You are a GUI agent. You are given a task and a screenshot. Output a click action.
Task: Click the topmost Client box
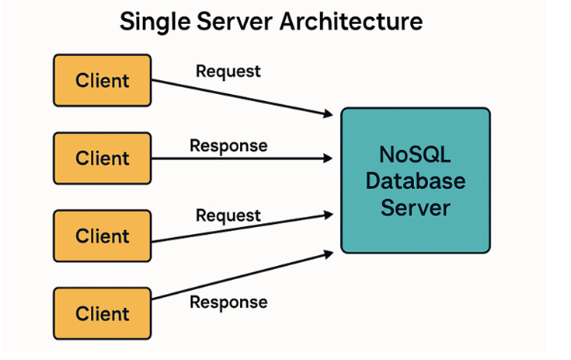[102, 80]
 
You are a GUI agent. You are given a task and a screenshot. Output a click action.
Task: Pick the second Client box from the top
[102, 158]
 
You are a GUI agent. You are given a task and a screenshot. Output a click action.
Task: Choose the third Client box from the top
[102, 236]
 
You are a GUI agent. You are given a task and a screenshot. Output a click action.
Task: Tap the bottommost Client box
[102, 313]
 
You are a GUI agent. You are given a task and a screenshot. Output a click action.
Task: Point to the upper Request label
[228, 72]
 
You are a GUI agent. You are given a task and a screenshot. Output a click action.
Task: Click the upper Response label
[228, 145]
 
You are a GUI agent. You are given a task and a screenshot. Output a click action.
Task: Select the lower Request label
[228, 214]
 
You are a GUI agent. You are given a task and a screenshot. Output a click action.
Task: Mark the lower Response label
[228, 302]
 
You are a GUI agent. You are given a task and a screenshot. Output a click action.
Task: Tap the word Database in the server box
[416, 181]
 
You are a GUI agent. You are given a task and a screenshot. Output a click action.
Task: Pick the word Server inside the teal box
[416, 208]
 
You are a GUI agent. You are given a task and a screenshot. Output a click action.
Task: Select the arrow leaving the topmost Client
[241, 98]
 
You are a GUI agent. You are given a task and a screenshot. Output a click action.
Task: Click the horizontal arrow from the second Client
[241, 159]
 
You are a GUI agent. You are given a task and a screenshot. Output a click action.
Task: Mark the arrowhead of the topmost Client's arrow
[329, 115]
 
